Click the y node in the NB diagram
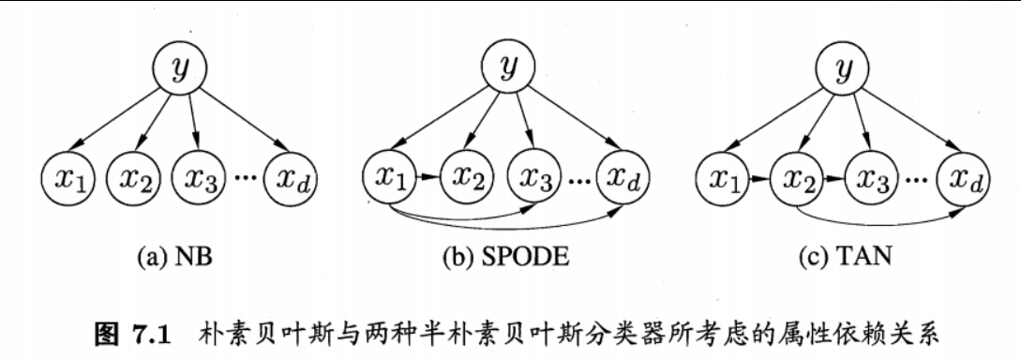(179, 68)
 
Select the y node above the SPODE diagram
(507, 68)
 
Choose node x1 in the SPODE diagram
(390, 174)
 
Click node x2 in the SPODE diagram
(467, 174)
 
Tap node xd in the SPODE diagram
(622, 174)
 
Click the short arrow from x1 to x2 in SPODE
(428, 174)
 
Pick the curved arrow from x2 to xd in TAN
(881, 222)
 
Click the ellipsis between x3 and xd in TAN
(914, 178)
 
